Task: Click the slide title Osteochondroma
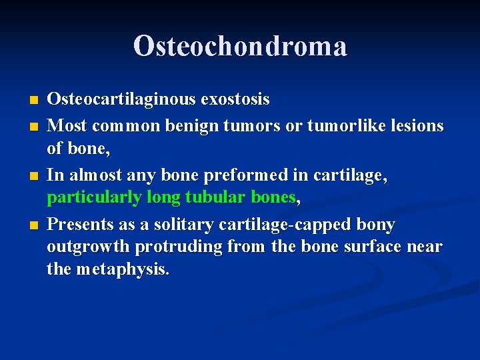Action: tap(240, 47)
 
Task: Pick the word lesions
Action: tap(417, 125)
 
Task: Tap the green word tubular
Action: tap(214, 198)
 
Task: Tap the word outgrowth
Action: tap(88, 247)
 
